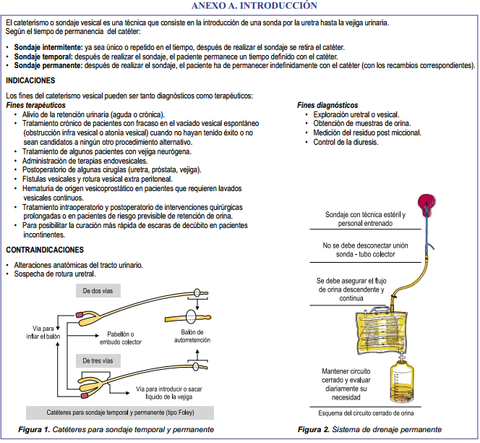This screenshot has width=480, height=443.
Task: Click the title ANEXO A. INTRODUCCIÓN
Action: [245, 5]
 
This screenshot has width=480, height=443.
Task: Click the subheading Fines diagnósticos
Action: [327, 105]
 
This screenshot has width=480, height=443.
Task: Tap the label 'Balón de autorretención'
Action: [192, 335]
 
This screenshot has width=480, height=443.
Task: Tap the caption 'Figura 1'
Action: [35, 430]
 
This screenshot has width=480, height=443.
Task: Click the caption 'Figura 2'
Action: [313, 430]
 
